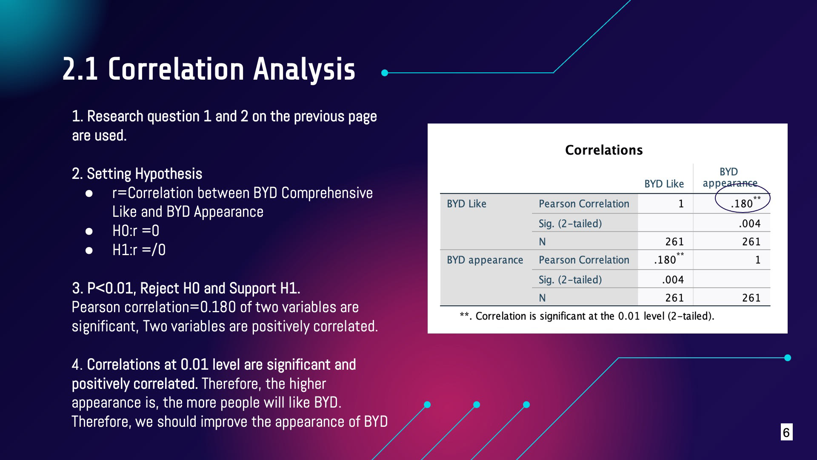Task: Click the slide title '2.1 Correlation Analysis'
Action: (x=209, y=69)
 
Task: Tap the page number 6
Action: (x=786, y=432)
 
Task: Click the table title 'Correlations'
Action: (x=604, y=150)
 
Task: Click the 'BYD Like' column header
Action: (x=664, y=184)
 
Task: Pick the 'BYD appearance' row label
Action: (x=485, y=260)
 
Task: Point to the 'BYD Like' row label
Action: (x=466, y=204)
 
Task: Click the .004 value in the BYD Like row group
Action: (x=749, y=224)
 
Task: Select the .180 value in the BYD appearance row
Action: (x=668, y=259)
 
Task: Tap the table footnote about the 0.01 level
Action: (x=587, y=316)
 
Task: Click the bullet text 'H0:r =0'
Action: (x=136, y=231)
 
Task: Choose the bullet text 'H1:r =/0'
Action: (x=139, y=250)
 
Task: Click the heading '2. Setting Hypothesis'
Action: (x=137, y=174)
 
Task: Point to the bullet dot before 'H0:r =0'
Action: (x=89, y=231)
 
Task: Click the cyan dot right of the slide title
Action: (x=385, y=73)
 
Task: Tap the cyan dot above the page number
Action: (x=788, y=358)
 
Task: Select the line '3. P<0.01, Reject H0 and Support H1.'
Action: (x=186, y=288)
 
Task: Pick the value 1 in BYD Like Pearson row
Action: (x=681, y=204)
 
